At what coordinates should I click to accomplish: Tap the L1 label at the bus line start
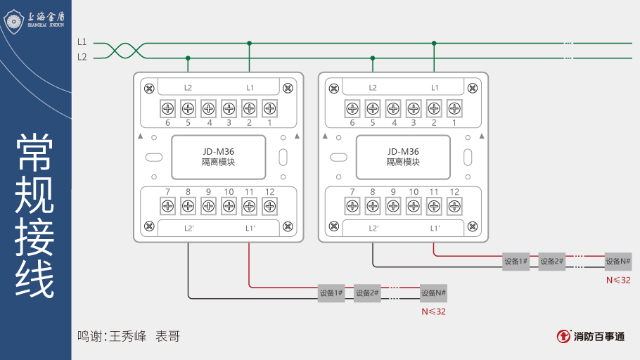click(82, 42)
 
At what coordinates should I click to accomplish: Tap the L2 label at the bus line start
click(82, 57)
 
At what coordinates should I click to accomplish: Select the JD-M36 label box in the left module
click(219, 157)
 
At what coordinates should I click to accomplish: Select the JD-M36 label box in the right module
click(403, 157)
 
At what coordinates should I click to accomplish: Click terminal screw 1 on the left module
click(269, 108)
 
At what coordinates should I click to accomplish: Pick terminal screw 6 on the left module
click(168, 108)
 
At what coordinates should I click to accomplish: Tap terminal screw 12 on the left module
click(269, 206)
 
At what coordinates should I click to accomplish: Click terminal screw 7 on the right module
click(352, 206)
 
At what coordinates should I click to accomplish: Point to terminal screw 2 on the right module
click(434, 108)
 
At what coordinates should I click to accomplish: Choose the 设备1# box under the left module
click(331, 293)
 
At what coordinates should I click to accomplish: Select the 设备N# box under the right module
click(618, 262)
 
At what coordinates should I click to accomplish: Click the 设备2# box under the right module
click(552, 262)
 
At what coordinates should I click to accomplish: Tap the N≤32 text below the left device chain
click(434, 311)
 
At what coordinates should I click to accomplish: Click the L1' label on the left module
click(250, 228)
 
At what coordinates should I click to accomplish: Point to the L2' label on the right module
click(373, 228)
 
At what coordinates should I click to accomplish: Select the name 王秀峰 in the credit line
click(128, 336)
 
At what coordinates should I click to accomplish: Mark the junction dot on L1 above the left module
click(249, 43)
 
